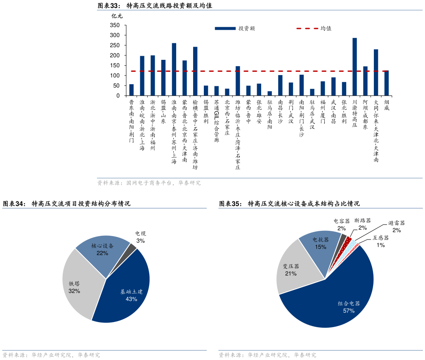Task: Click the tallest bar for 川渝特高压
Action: point(354,67)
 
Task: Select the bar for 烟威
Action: point(386,83)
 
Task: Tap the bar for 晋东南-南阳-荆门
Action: point(131,90)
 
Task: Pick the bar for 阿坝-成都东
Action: point(365,81)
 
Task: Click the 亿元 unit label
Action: point(117,16)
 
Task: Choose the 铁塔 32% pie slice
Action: point(80,285)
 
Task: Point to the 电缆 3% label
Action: point(141,237)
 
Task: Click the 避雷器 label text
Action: point(397,223)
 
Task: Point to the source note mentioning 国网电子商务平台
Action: point(149,183)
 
